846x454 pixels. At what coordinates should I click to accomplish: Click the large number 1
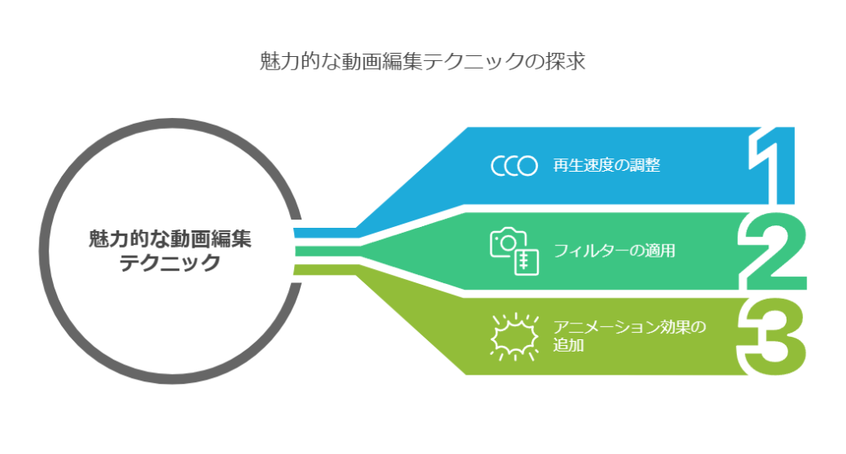[772, 166]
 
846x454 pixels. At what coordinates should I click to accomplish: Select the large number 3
[772, 337]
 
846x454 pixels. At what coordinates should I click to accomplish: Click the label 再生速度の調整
[606, 165]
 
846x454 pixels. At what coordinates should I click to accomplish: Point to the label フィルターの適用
[614, 251]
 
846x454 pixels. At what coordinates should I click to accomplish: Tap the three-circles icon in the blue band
[514, 166]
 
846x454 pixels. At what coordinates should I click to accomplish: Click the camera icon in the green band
[514, 251]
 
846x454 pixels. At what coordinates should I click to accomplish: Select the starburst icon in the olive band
[514, 337]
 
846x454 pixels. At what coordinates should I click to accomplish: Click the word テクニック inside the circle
[169, 263]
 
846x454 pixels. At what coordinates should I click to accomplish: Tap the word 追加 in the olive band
[568, 345]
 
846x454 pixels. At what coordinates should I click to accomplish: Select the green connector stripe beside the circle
[327, 251]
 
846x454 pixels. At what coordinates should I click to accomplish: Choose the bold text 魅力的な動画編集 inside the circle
[170, 239]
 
